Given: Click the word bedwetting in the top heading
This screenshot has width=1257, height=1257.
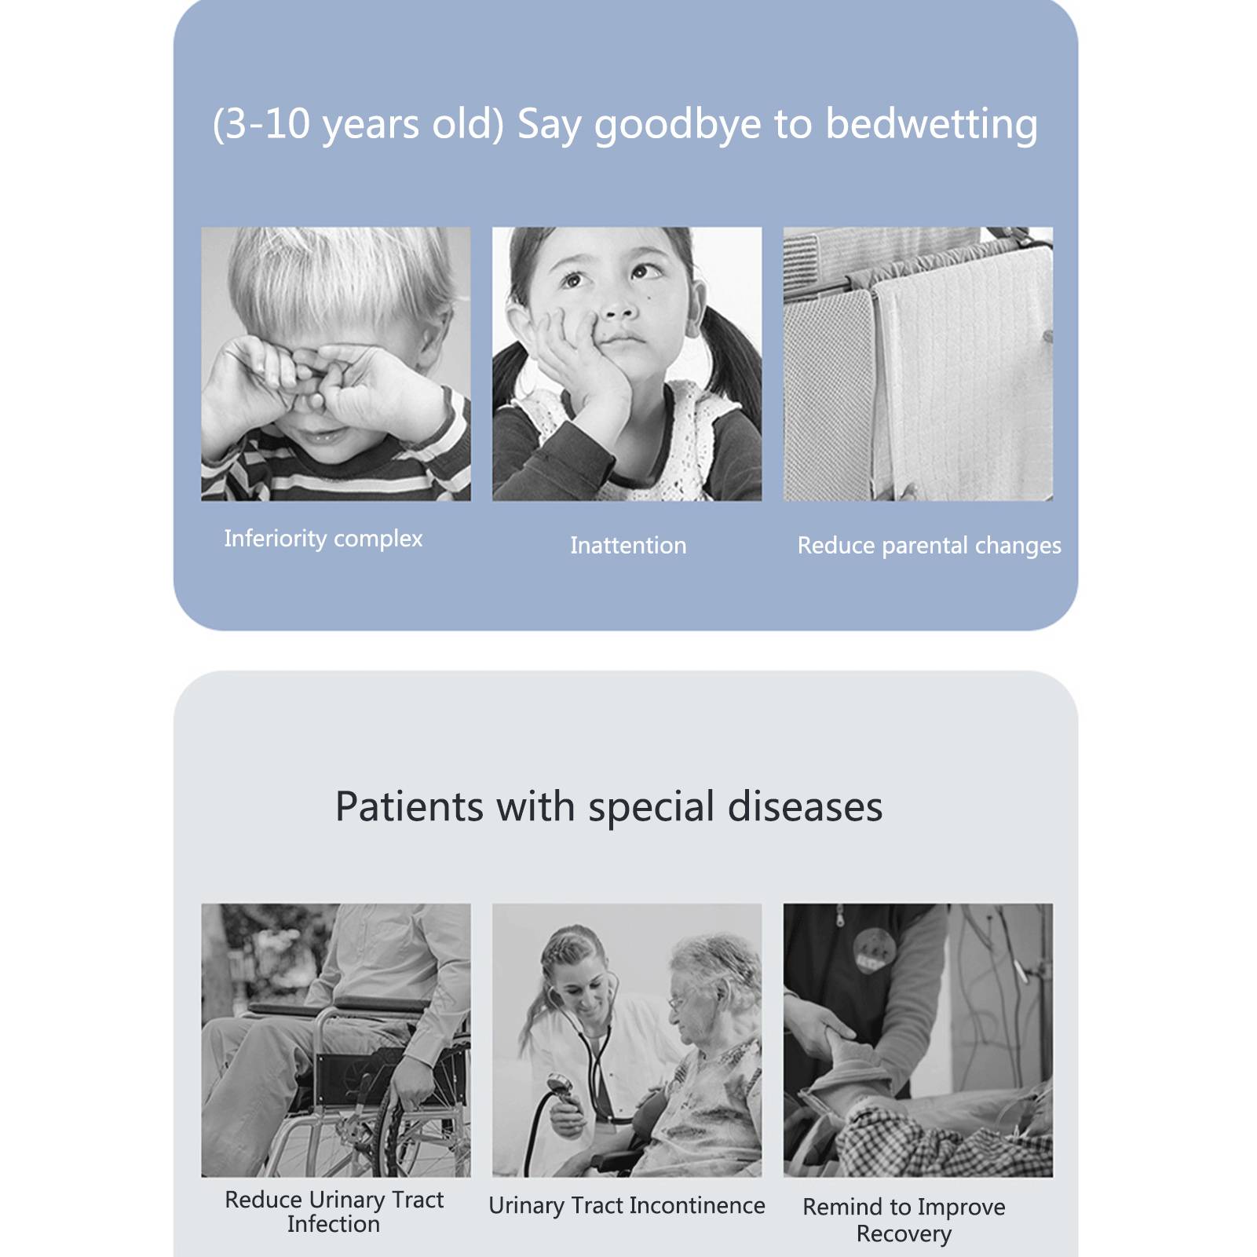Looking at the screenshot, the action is coord(931,126).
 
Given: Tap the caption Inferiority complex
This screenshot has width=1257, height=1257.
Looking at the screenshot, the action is coord(323,539).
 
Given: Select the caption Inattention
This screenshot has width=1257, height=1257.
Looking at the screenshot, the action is coord(628,546).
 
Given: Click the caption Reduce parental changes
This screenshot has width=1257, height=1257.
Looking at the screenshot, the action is coord(929,546).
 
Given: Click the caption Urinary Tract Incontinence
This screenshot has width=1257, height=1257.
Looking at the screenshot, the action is coord(627,1205).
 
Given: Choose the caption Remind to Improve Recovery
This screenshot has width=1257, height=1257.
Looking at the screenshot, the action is coord(904,1219).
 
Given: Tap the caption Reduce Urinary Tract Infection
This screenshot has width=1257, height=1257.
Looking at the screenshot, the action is coord(334,1211).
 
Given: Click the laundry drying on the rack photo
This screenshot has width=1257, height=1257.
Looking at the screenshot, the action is coord(918,364).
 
